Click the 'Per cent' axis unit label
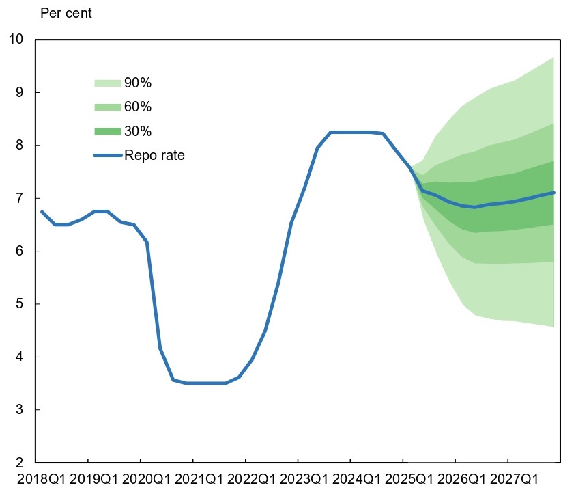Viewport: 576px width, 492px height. click(66, 13)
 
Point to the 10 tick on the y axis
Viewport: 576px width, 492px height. click(16, 39)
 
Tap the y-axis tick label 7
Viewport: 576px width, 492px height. click(20, 198)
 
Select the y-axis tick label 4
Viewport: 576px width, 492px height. click(20, 357)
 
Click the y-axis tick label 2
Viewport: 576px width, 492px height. click(20, 462)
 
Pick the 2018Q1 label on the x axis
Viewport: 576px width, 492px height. click(41, 480)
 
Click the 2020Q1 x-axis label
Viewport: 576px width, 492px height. click(146, 480)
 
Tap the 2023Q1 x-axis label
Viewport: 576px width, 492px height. click(304, 480)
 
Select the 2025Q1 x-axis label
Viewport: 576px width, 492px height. click(409, 480)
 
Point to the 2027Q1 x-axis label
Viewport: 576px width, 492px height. click(514, 480)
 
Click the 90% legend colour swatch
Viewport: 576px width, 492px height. click(108, 83)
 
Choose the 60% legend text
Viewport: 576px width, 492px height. click(138, 107)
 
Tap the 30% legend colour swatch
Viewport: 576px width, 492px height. click(108, 131)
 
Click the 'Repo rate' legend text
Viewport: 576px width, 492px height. click(154, 155)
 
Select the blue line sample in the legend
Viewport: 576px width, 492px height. click(108, 156)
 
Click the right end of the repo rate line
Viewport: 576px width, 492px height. click(553, 192)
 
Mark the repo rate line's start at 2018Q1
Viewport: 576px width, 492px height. click(42, 211)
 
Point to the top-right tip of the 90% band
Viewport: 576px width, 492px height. click(553, 57)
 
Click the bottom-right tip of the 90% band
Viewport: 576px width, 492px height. click(553, 327)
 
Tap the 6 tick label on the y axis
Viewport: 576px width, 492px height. click(20, 251)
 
